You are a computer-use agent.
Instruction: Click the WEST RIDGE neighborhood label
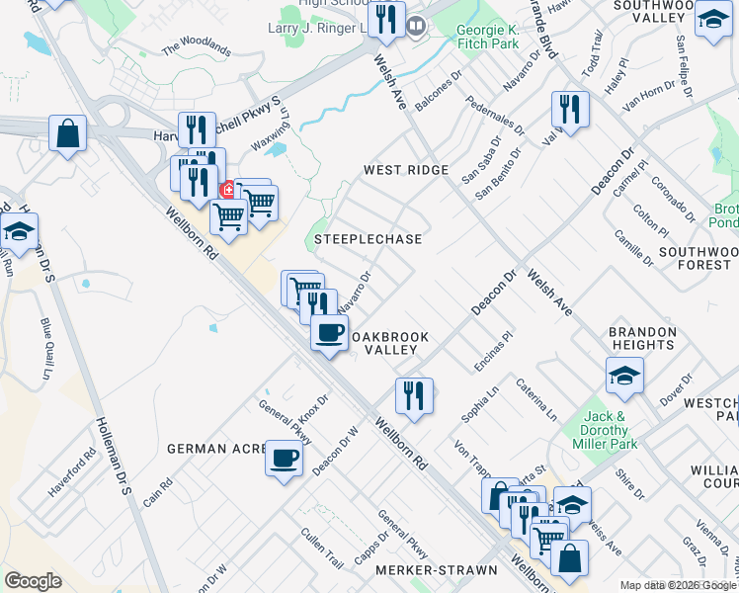(x=406, y=170)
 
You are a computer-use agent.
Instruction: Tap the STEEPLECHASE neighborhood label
(x=368, y=239)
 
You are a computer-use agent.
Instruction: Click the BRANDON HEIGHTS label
(x=642, y=340)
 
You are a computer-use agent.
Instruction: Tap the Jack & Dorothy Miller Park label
(x=607, y=423)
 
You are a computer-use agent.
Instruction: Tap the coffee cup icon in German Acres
(x=284, y=459)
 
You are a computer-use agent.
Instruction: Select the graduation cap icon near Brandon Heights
(x=624, y=376)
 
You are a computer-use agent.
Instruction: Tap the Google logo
(x=33, y=580)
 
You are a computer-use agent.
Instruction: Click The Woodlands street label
(x=196, y=47)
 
